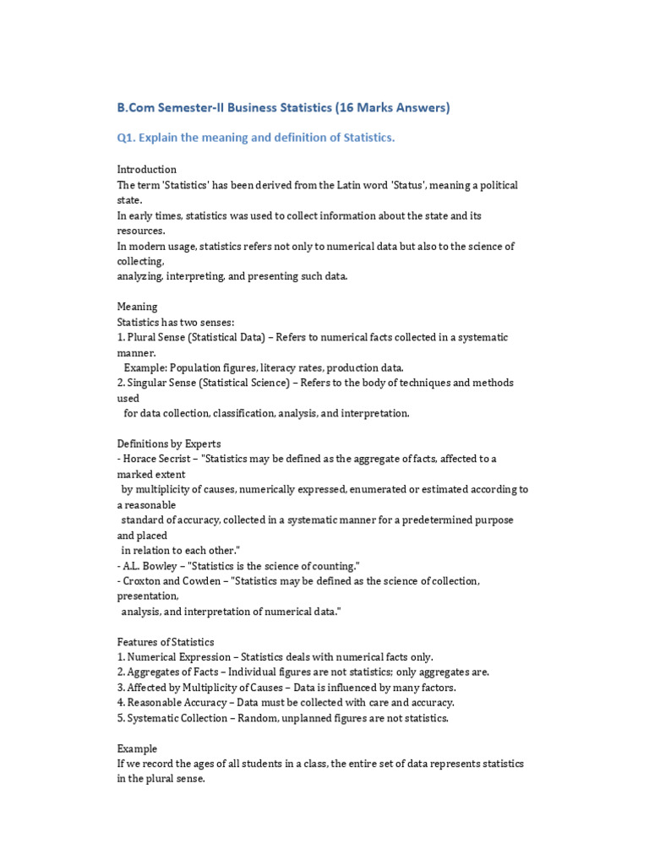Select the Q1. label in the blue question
click(128, 138)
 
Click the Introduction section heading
click(146, 170)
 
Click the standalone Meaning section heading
click(136, 307)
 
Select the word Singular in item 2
click(146, 383)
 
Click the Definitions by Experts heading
click(168, 443)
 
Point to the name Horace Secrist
click(159, 459)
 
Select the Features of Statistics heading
click(165, 641)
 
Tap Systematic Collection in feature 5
click(177, 717)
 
